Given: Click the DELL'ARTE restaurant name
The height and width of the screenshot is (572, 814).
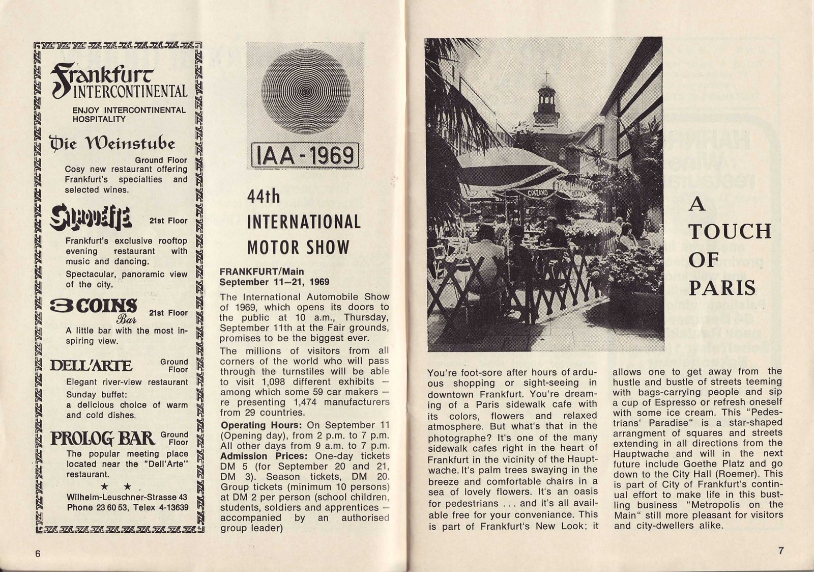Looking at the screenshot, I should click(x=92, y=366).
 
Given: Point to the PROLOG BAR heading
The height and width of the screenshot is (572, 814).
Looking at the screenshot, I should click(x=102, y=438).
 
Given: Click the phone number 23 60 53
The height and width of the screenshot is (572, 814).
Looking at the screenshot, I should click(x=109, y=507).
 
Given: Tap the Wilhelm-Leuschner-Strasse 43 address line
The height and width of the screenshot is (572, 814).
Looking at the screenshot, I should click(x=127, y=497).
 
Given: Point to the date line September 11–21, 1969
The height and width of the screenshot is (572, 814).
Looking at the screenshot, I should click(x=274, y=282).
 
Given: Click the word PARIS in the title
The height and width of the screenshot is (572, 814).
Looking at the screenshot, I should click(x=722, y=288).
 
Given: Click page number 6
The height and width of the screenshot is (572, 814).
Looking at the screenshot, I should click(x=37, y=554).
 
